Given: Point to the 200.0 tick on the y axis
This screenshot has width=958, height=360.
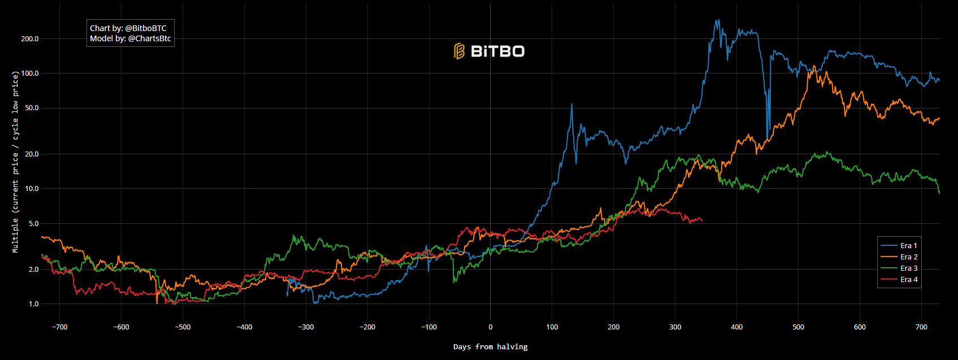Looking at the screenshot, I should (x=30, y=39).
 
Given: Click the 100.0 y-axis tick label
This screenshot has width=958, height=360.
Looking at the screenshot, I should (x=30, y=73).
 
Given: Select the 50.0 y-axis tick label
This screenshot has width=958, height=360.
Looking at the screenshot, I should (x=32, y=108).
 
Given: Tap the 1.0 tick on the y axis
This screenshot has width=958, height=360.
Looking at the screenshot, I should (x=33, y=304).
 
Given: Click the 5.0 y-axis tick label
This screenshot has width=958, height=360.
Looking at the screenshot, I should (x=33, y=224).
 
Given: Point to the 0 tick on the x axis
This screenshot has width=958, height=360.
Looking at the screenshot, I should (x=490, y=327).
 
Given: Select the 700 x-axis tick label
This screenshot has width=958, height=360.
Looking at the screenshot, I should (x=921, y=327).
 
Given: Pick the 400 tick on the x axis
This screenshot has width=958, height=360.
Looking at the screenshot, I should (x=736, y=327).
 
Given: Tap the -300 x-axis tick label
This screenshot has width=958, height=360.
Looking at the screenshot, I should (x=305, y=327).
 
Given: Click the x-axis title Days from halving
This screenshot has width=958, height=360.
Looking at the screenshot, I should (x=490, y=347).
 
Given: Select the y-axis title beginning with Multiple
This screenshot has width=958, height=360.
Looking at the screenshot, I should (x=15, y=162).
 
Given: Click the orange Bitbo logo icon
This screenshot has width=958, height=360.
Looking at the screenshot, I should (x=459, y=51).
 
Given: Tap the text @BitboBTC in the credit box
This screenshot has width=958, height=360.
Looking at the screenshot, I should (x=146, y=28).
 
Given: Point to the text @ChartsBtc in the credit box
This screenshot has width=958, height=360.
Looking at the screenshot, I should (x=149, y=39).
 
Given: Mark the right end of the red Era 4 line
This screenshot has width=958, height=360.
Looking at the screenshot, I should (x=701, y=220).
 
